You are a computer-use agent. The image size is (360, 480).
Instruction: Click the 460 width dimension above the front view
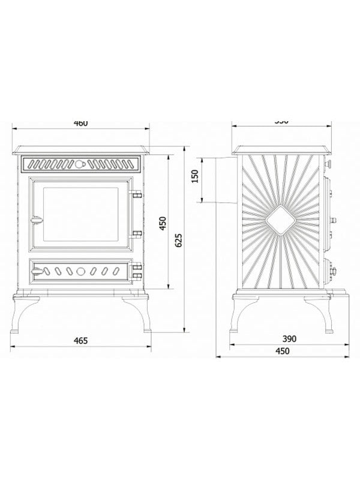(80, 123)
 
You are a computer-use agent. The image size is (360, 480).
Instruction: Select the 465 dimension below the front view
(80, 341)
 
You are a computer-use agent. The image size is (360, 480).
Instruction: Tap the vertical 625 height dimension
(178, 240)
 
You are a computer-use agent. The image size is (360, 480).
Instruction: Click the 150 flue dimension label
(194, 178)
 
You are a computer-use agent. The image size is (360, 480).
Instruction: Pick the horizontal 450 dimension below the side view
(281, 351)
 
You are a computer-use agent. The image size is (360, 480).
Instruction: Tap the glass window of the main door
(80, 214)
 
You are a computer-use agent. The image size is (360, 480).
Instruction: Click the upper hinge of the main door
(137, 194)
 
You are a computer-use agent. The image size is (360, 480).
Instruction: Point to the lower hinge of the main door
(137, 234)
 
